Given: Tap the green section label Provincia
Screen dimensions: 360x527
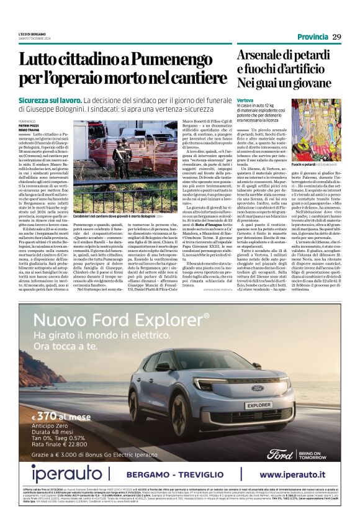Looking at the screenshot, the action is (312, 37).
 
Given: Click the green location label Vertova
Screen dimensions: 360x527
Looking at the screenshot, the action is (245, 99).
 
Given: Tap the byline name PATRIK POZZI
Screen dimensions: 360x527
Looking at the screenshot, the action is (29, 125).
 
